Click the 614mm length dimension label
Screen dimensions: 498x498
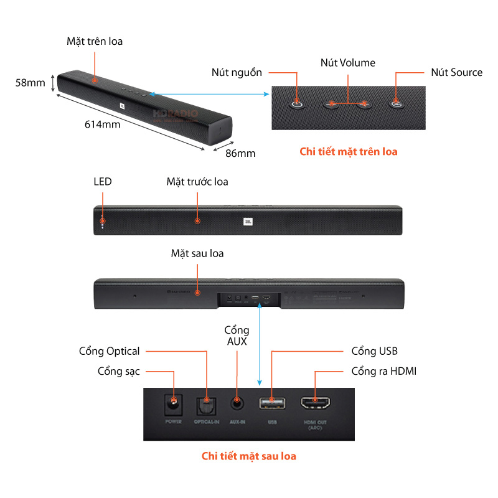pyautogui.click(x=102, y=124)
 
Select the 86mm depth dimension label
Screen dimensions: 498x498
pyautogui.click(x=240, y=152)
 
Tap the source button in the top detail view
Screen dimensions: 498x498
pyautogui.click(x=396, y=103)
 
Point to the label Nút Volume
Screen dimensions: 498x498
pyautogui.click(x=347, y=63)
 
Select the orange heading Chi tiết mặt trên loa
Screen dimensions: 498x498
pyautogui.click(x=348, y=151)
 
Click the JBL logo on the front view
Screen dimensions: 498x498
pyautogui.click(x=248, y=220)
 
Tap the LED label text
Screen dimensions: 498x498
pyautogui.click(x=103, y=182)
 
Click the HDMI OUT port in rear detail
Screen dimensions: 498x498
pyautogui.click(x=317, y=403)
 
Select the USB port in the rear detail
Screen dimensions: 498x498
pyautogui.click(x=272, y=403)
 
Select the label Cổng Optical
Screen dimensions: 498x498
pyautogui.click(x=109, y=351)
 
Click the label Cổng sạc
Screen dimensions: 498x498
pyautogui.click(x=118, y=372)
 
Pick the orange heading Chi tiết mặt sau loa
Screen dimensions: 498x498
pyautogui.click(x=248, y=456)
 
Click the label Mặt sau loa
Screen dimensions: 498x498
pyautogui.click(x=197, y=253)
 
